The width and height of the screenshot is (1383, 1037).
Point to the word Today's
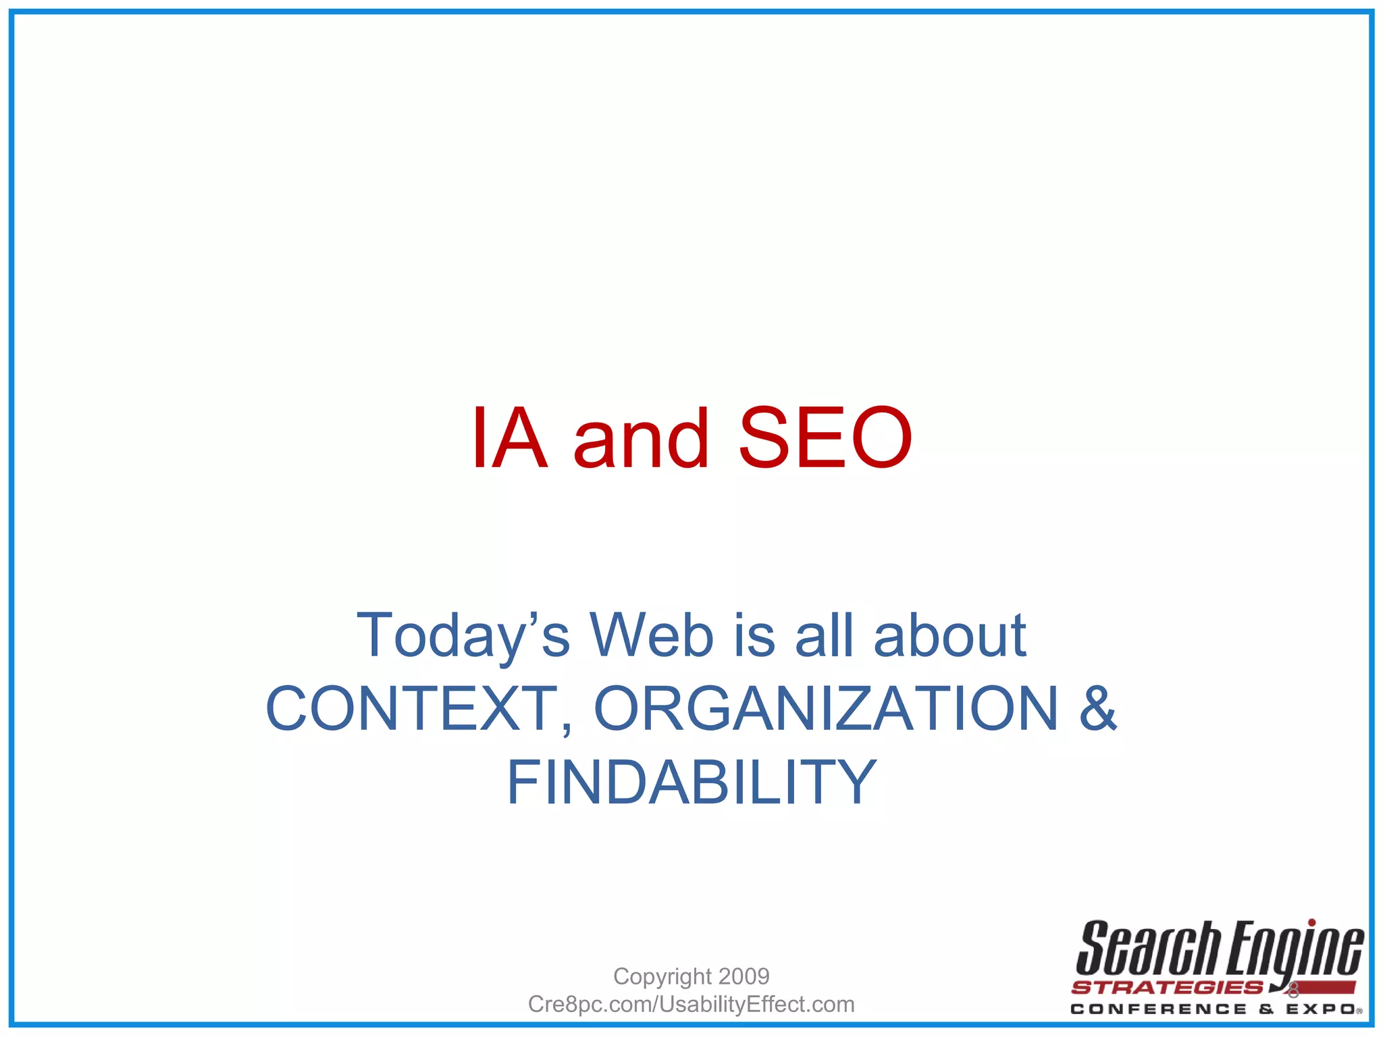tap(463, 635)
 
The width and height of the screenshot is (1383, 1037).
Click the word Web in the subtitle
tap(652, 635)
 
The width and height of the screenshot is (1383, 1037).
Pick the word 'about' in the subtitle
tap(950, 635)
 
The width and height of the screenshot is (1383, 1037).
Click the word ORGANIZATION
tap(825, 708)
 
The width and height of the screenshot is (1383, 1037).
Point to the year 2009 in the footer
tap(744, 976)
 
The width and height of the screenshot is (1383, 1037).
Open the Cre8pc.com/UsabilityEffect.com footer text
tap(691, 1004)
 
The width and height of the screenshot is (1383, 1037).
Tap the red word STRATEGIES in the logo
tap(1167, 988)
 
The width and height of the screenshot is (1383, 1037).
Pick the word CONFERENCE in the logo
tap(1159, 1009)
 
